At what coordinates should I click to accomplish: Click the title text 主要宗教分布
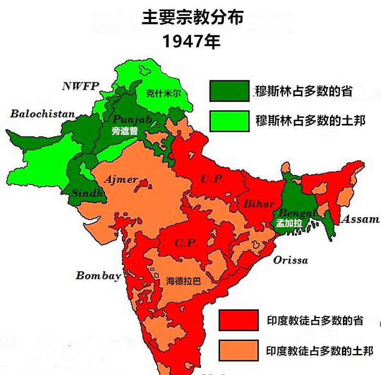coord(192,18)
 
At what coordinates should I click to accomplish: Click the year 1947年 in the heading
coord(191,41)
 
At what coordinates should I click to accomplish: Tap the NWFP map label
coord(80,86)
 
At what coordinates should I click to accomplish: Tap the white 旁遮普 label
coord(124,131)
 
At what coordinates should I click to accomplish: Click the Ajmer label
coord(120,180)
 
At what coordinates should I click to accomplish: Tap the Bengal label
coord(297,212)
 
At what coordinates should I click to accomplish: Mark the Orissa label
coord(291,260)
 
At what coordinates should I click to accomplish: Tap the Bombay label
coord(98,276)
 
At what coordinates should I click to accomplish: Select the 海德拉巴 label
coord(183,281)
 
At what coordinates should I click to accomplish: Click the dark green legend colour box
coord(229,91)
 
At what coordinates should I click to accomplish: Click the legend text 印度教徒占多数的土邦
coord(319,351)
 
